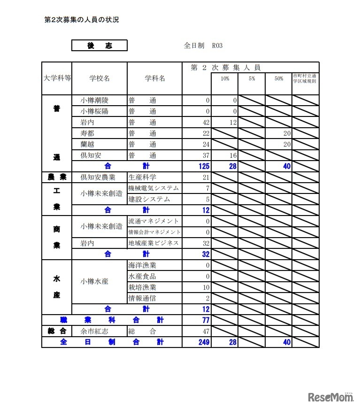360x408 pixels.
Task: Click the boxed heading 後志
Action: (99, 46)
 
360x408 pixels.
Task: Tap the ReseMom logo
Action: (330, 398)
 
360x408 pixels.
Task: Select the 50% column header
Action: (279, 79)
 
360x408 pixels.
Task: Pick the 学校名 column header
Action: (99, 78)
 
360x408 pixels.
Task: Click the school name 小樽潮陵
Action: (94, 100)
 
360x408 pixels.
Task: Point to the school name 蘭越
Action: (87, 144)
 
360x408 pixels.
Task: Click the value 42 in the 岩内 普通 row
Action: (205, 122)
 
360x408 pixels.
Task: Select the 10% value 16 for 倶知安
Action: (232, 155)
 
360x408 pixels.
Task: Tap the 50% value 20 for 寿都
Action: (286, 133)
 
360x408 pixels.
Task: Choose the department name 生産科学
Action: (142, 177)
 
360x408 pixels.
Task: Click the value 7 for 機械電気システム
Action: (207, 188)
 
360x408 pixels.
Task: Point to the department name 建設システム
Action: (149, 199)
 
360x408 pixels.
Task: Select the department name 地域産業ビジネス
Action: (153, 243)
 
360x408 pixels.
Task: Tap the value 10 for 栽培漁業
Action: (206, 287)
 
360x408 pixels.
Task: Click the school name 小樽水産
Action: (94, 282)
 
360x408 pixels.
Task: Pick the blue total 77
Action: (205, 320)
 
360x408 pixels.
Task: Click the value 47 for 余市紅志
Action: (205, 331)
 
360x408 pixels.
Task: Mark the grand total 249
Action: (204, 342)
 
